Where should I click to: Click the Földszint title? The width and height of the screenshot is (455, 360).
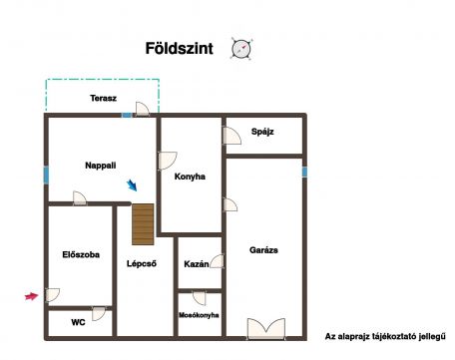click(x=180, y=49)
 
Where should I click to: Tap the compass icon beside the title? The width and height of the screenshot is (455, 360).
click(x=241, y=49)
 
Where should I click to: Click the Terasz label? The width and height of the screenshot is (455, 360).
click(x=103, y=98)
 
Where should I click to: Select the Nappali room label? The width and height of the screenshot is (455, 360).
click(x=101, y=166)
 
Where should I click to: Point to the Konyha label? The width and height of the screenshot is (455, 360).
click(x=190, y=177)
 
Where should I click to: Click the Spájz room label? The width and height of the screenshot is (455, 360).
click(x=262, y=132)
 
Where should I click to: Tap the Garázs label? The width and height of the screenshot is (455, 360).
click(x=263, y=250)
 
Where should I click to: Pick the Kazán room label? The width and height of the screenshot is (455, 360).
click(x=197, y=264)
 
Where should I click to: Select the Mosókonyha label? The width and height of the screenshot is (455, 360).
click(x=199, y=315)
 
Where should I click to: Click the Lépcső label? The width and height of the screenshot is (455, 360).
click(x=142, y=263)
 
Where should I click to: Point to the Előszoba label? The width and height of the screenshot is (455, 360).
click(x=81, y=254)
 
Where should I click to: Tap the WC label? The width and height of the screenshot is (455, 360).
click(x=78, y=322)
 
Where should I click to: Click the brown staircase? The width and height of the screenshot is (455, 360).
click(x=143, y=224)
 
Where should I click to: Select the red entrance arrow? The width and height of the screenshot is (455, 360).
click(x=32, y=296)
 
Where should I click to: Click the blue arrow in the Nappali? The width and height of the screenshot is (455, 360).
click(x=132, y=185)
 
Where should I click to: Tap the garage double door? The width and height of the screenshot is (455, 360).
click(x=266, y=328)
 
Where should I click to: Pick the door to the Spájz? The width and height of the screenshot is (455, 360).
click(x=231, y=136)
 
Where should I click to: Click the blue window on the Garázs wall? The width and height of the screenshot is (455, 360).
click(x=304, y=172)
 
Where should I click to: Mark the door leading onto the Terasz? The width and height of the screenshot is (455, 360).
click(x=142, y=109)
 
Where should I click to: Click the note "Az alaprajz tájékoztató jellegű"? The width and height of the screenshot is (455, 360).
click(x=385, y=337)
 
